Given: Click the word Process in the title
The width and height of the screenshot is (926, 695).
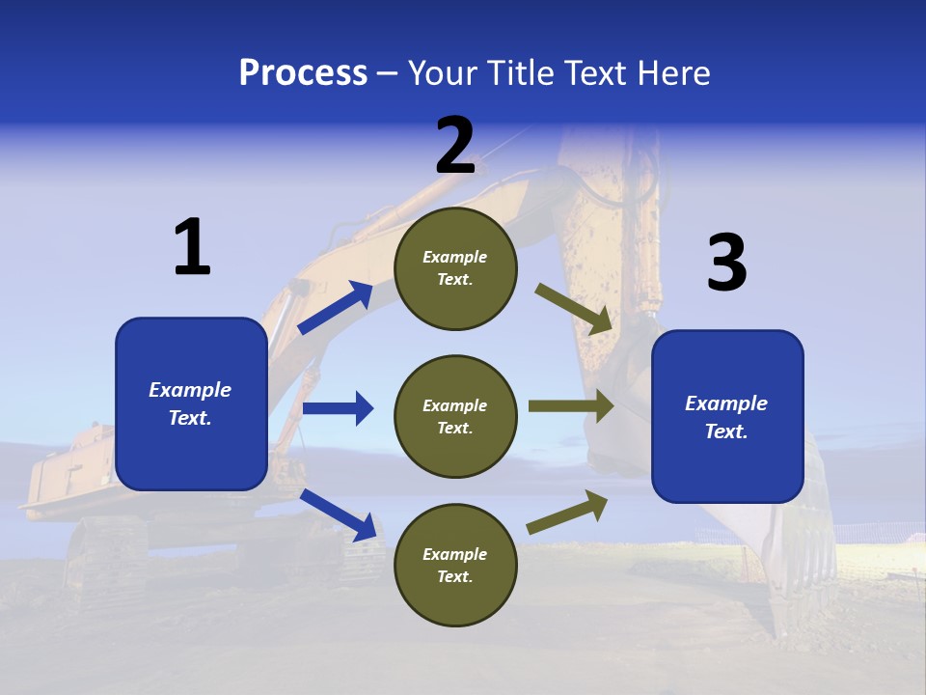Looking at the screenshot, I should pyautogui.click(x=303, y=73).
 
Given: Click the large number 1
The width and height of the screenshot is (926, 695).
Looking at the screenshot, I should pyautogui.click(x=192, y=248).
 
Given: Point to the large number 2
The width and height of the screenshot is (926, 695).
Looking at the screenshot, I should pyautogui.click(x=455, y=146).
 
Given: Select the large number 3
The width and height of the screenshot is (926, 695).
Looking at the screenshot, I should pyautogui.click(x=726, y=264).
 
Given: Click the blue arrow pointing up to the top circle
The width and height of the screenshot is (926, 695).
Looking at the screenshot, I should pyautogui.click(x=335, y=308).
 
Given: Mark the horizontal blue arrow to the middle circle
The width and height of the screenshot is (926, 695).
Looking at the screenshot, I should pyautogui.click(x=338, y=408).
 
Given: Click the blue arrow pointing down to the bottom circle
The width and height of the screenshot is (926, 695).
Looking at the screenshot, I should pyautogui.click(x=339, y=514).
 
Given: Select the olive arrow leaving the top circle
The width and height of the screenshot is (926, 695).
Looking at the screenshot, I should pyautogui.click(x=574, y=308).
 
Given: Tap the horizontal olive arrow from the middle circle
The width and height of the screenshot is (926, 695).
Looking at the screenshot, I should pyautogui.click(x=570, y=405).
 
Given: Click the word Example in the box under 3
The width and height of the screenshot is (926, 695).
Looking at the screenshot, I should pyautogui.click(x=726, y=403).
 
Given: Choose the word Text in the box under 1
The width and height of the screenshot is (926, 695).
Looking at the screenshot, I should pyautogui.click(x=190, y=418).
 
